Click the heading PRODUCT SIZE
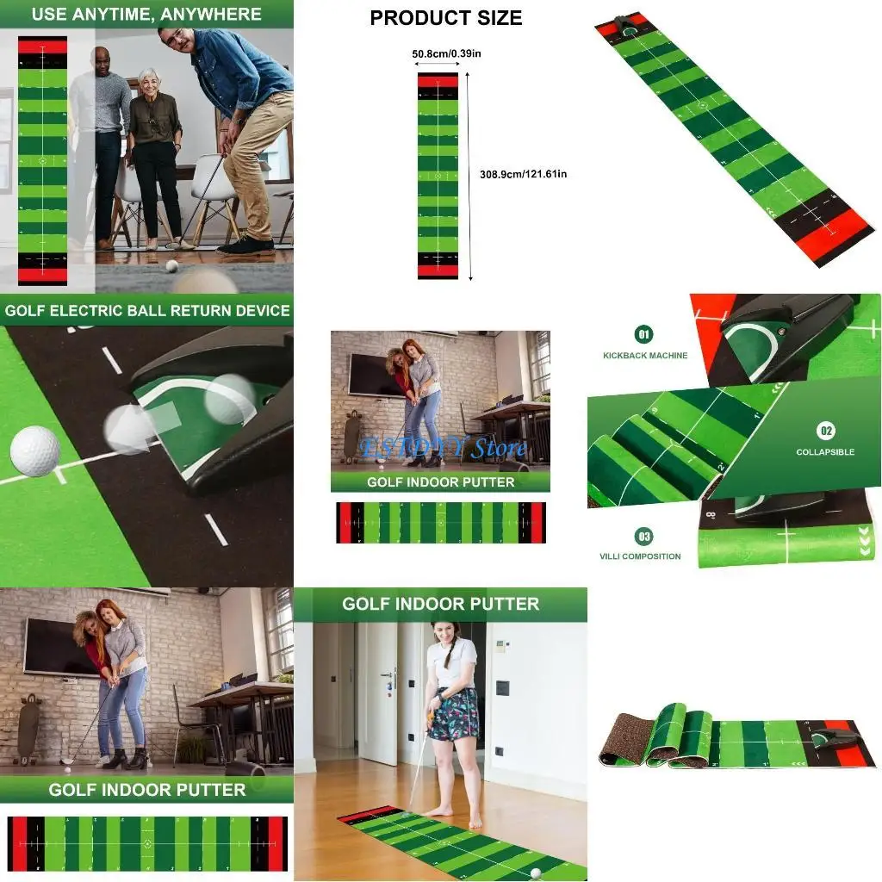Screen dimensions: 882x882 click(x=445, y=18)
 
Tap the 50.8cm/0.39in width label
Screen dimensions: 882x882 click(x=446, y=54)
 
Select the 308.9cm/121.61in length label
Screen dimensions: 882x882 click(x=523, y=174)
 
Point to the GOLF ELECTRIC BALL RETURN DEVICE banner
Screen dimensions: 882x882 click(x=146, y=310)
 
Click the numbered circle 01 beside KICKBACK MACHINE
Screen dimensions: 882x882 click(x=643, y=334)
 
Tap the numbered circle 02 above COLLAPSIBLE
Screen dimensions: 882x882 click(x=825, y=431)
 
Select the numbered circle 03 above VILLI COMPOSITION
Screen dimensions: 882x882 click(x=643, y=537)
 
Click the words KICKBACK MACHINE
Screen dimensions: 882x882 click(x=645, y=355)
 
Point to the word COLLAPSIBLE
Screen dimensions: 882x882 click(x=825, y=452)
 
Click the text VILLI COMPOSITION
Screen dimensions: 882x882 click(x=640, y=556)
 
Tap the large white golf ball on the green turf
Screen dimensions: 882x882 click(x=35, y=450)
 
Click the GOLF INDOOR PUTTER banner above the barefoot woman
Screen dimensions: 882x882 click(x=440, y=604)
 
